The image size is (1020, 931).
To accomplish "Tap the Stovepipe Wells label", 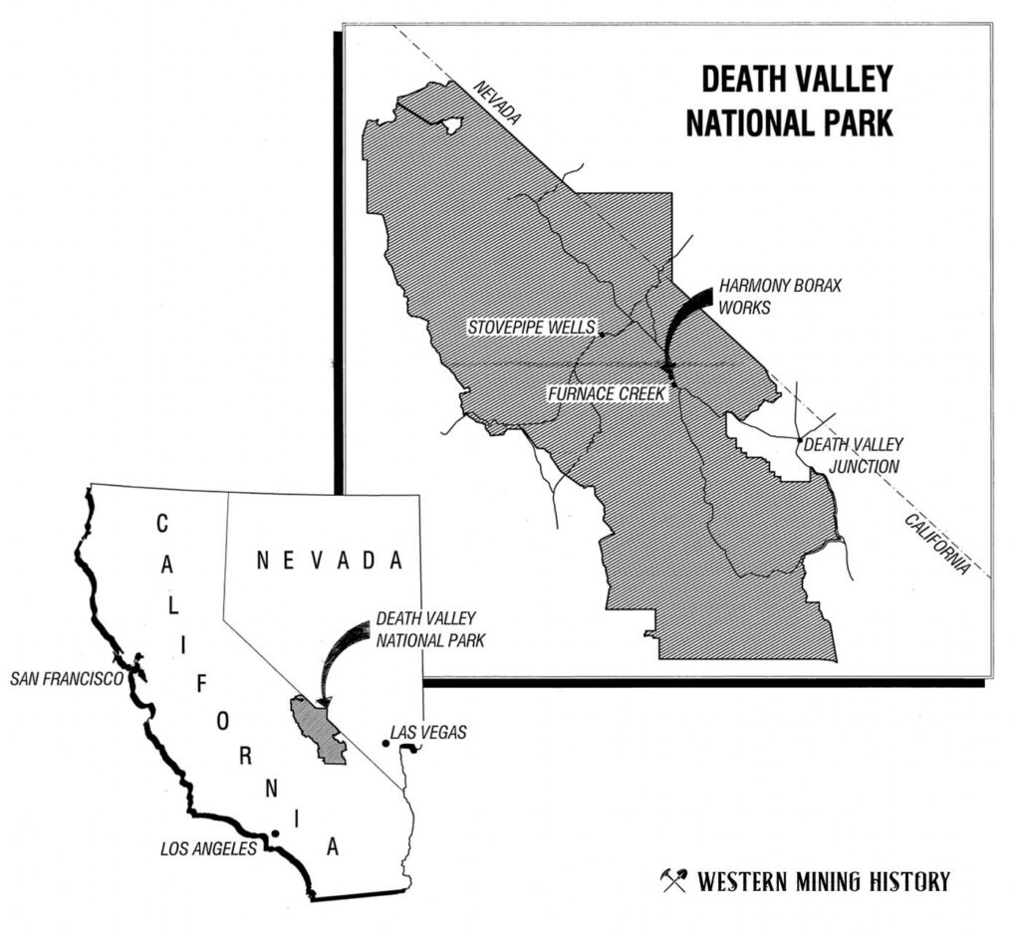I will [x=533, y=328].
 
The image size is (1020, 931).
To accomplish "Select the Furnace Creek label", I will [x=606, y=394].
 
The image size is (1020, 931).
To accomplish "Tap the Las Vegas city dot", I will [x=385, y=743].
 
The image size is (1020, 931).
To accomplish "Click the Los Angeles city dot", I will [x=275, y=833].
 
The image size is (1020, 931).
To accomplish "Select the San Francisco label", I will [x=66, y=679].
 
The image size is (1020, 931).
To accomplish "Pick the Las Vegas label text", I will [x=428, y=733].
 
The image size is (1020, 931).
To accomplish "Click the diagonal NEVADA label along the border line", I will [x=497, y=104].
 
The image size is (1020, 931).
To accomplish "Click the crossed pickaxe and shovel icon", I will [x=674, y=880].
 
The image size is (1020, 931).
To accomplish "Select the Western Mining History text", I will [x=823, y=881].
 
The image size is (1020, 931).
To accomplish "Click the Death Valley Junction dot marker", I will [x=800, y=439].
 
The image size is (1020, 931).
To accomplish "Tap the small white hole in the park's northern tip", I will [x=451, y=125].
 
